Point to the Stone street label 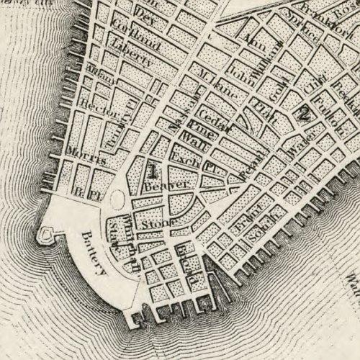pyautogui.click(x=154, y=225)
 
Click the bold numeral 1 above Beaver pyautogui.click(x=152, y=170)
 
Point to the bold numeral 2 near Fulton pyautogui.click(x=304, y=112)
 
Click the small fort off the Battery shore pyautogui.click(x=48, y=233)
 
